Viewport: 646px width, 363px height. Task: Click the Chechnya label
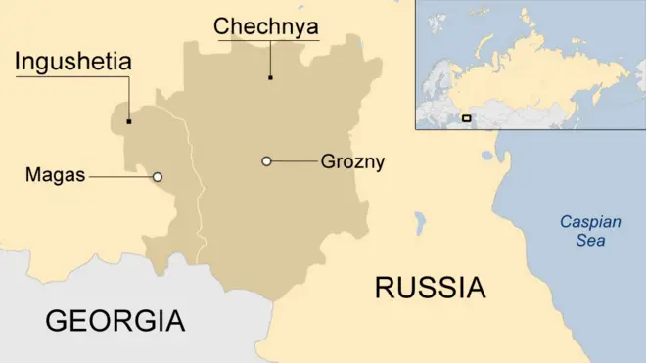(x=266, y=26)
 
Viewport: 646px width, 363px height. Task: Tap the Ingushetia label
(x=72, y=63)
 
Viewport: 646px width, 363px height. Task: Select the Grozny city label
(x=352, y=161)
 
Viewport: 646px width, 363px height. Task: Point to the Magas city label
(x=55, y=176)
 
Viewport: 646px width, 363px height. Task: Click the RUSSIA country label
(x=430, y=288)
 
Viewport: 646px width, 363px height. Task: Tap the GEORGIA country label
(x=115, y=320)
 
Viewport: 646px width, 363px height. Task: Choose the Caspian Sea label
(x=590, y=231)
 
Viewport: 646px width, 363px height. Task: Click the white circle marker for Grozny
(x=266, y=161)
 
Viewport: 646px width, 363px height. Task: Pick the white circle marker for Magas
(x=158, y=177)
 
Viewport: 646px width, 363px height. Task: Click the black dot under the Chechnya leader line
(x=271, y=76)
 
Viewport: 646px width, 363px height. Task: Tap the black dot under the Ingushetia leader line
(x=129, y=122)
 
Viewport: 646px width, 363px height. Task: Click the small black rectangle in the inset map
(x=466, y=118)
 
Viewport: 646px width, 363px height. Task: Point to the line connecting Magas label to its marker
(x=119, y=177)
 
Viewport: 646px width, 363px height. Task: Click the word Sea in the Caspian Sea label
(x=590, y=240)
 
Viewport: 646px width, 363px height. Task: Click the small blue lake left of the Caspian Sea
(x=420, y=223)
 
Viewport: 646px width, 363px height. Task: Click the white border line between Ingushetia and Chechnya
(x=199, y=196)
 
